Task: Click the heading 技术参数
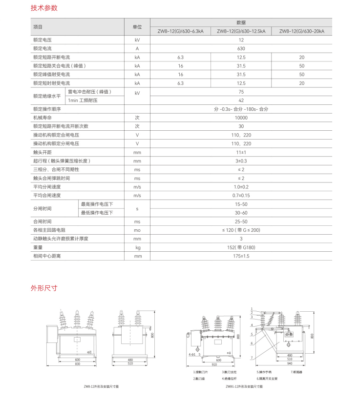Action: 44,8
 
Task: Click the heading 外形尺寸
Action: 44,288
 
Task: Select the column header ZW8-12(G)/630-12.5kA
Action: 241,31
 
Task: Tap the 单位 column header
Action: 137,27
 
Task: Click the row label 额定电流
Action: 42,48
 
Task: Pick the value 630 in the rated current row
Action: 241,48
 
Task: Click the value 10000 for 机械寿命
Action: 241,118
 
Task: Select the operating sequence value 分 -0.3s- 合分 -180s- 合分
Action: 241,109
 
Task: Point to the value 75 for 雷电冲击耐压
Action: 241,92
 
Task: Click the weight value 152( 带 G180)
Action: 241,247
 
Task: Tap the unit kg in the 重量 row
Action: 137,247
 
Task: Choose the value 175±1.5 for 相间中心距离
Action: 241,256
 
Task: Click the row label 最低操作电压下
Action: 97,213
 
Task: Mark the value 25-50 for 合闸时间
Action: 241,221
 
